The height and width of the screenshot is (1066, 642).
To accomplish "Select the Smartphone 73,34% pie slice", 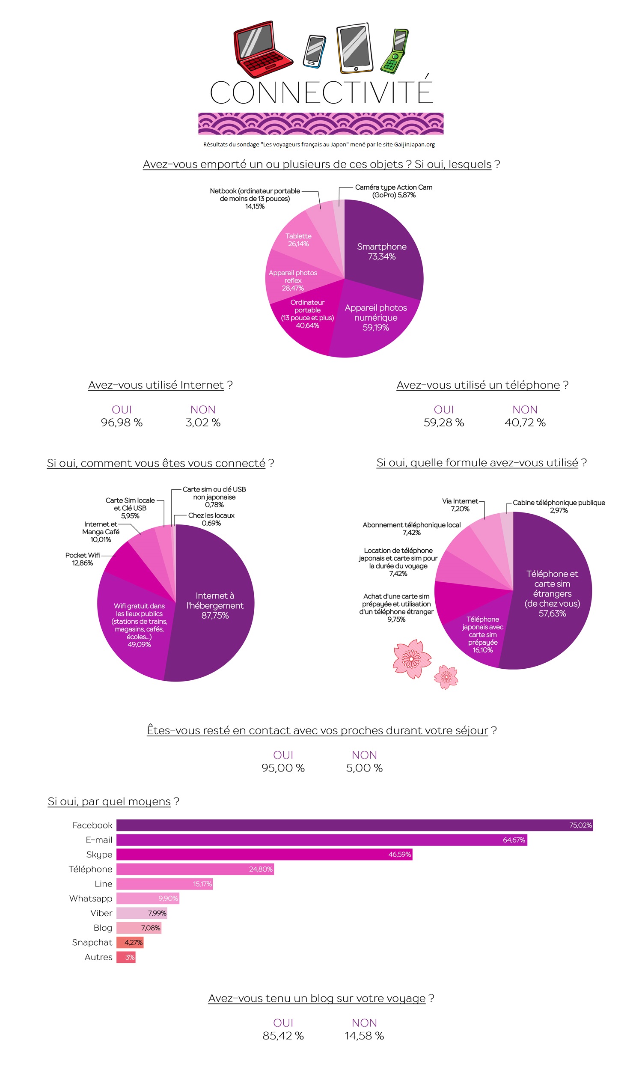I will tap(382, 251).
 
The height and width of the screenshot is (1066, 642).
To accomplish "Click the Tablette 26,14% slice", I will tap(298, 240).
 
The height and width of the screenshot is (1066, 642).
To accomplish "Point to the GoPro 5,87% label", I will tap(394, 191).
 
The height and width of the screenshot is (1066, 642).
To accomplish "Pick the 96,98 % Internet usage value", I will tap(122, 423).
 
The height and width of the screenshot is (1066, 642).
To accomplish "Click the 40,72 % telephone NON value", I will tap(525, 423).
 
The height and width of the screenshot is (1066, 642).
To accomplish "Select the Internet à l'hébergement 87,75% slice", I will tap(215, 605).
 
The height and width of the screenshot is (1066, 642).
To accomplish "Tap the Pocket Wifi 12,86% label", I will tap(82, 559).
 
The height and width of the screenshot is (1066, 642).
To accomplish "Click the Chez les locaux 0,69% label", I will tap(211, 519).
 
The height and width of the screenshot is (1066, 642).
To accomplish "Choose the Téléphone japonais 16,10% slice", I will tap(482, 634).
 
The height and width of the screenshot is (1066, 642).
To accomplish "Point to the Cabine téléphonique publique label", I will tap(559, 506).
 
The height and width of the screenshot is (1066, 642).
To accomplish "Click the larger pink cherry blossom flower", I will tap(411, 658).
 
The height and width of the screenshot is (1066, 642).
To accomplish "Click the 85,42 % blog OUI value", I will tap(283, 1036).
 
